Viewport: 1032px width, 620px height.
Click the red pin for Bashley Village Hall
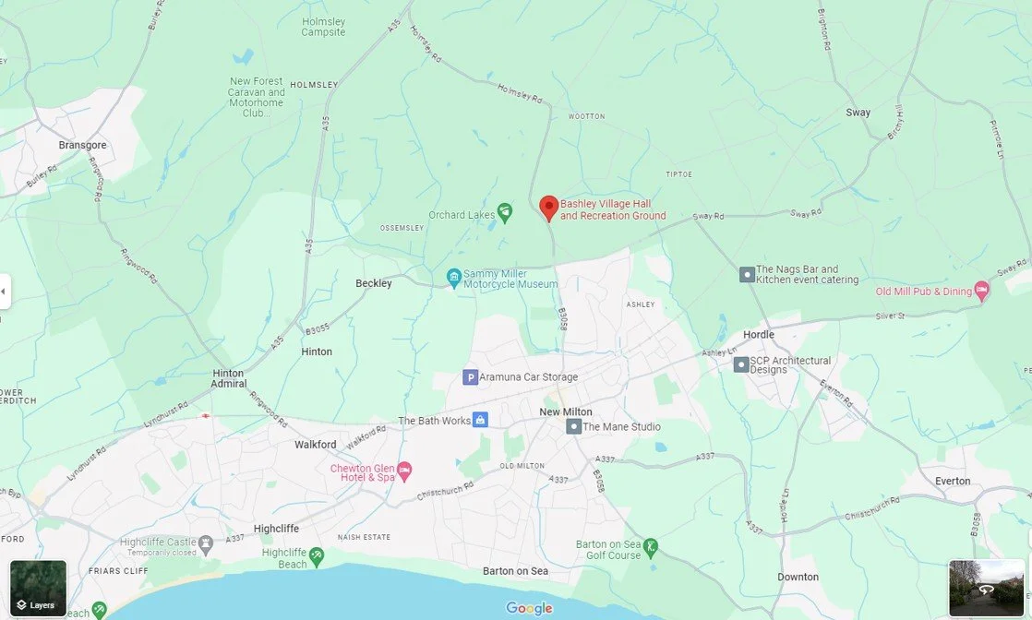548,208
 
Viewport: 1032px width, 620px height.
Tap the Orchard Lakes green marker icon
505,213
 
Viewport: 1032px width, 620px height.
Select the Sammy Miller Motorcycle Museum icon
453,277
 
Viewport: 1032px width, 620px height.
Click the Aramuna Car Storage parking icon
470,377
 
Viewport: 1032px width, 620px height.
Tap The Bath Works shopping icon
480,420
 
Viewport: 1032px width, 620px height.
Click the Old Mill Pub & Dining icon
982,291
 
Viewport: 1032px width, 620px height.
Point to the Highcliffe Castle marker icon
205,542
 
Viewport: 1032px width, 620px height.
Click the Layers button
38,589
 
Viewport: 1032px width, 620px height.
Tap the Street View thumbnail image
986,588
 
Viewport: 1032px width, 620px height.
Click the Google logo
530,608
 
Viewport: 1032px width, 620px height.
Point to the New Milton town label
566,411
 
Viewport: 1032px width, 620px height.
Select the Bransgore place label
82,145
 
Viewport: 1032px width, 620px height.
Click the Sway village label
858,113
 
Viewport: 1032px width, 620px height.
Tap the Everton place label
953,481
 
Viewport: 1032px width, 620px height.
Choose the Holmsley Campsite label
323,27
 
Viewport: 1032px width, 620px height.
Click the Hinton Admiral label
228,378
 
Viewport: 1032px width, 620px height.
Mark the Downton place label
798,577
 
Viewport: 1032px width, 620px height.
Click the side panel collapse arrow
4,292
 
